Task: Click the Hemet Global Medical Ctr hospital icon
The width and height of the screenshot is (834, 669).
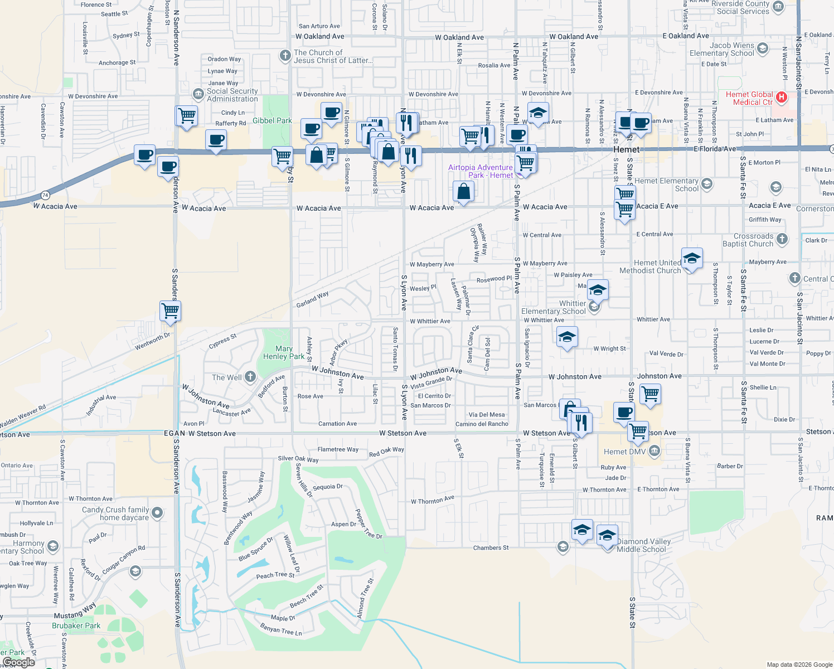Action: click(x=782, y=98)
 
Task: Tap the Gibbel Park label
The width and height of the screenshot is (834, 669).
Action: click(x=272, y=120)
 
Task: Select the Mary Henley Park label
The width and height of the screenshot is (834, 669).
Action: click(x=284, y=352)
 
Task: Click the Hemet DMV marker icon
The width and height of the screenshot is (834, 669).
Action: click(x=654, y=450)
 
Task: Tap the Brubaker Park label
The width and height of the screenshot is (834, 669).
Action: click(x=76, y=626)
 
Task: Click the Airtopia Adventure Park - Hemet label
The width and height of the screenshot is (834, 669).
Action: click(x=481, y=171)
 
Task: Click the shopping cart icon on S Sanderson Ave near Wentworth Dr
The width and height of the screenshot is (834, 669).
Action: click(x=170, y=311)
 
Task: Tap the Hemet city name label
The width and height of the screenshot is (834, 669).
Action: click(x=626, y=149)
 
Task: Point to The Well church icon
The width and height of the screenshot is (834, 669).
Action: click(x=250, y=377)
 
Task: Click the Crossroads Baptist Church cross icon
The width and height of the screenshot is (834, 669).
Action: click(x=782, y=239)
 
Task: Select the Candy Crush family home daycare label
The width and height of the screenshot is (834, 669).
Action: click(x=115, y=513)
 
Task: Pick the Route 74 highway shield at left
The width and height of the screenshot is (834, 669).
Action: click(x=45, y=195)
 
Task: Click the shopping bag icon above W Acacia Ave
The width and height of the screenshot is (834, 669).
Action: click(x=463, y=191)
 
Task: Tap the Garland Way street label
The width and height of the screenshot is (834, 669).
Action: click(x=312, y=299)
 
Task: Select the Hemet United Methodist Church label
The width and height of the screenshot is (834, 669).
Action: click(x=650, y=266)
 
